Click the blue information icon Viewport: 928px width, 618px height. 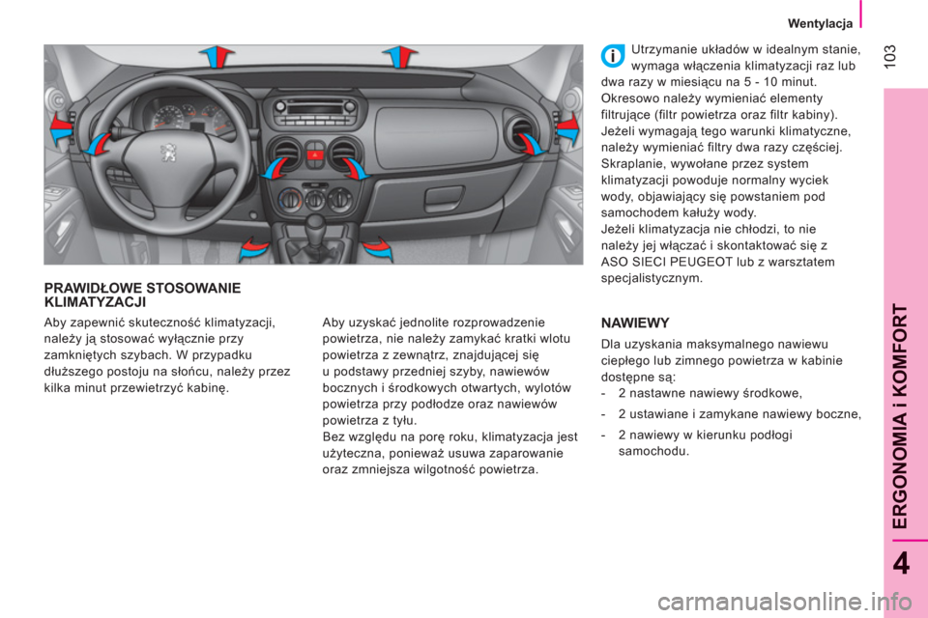coord(613,56)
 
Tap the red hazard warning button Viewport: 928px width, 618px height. coord(315,156)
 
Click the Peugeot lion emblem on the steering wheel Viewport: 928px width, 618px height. coord(168,153)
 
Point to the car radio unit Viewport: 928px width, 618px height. coord(315,109)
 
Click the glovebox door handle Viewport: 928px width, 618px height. coord(444,194)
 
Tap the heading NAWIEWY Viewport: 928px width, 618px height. coord(635,323)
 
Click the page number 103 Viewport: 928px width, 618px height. coord(890,56)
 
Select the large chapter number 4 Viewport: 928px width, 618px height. coord(901,564)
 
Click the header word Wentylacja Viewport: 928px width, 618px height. coord(820,23)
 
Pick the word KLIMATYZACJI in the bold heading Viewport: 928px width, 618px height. coord(95,302)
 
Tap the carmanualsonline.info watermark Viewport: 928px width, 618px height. coord(785,603)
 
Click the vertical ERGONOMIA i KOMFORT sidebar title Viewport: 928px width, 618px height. coord(899,417)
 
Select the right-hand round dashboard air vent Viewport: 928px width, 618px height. coord(520,133)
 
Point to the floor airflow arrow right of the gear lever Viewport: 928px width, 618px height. coord(378,248)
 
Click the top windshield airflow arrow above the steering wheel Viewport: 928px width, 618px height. coord(217,56)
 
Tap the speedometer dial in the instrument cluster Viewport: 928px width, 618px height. coord(168,117)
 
